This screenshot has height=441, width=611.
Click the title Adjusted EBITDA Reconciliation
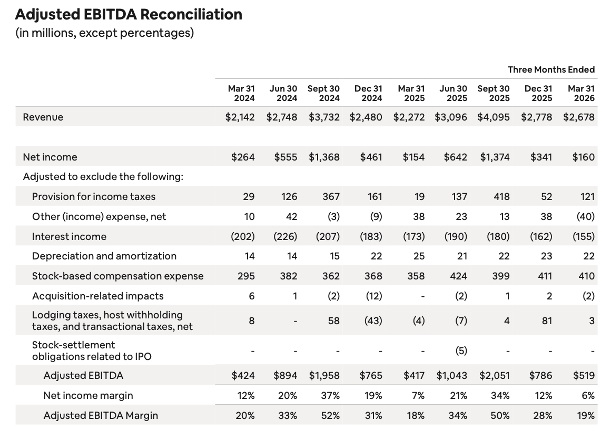[x=129, y=14]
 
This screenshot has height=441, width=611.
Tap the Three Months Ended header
[x=551, y=69]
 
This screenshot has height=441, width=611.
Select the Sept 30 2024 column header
[x=323, y=94]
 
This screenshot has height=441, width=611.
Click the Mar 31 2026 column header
[x=582, y=94]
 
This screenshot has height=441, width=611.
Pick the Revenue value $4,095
[x=494, y=117]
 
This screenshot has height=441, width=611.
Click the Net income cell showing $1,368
[x=324, y=157]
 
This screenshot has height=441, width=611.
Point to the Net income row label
[x=50, y=157]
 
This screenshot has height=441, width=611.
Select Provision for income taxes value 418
[x=501, y=197]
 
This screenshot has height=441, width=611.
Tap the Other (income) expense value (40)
[x=586, y=216]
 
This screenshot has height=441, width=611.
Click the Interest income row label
[x=69, y=237]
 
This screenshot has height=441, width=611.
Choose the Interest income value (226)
[x=285, y=237]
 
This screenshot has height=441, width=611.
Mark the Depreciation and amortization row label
[x=104, y=256]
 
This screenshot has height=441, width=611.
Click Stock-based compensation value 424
[x=458, y=276]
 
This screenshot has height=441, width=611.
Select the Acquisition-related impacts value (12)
[x=373, y=296]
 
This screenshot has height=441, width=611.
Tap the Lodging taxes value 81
[x=547, y=320]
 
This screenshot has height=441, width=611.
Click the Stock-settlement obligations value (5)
[x=461, y=350]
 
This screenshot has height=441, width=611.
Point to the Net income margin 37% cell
[x=330, y=396]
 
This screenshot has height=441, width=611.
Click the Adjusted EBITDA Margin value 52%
[x=330, y=416]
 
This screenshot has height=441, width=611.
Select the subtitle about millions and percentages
[x=104, y=33]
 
